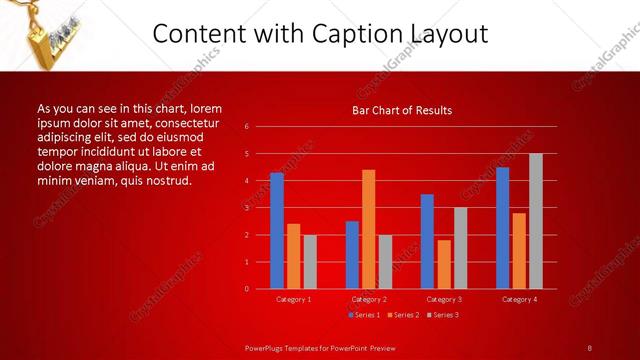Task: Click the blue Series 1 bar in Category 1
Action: coord(276,230)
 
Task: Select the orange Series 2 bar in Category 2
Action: coord(368,229)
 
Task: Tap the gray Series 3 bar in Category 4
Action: coord(536,221)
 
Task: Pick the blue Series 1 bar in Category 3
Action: coord(427,241)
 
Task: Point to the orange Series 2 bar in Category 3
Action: coord(444,264)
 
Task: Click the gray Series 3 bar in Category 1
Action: coord(310,262)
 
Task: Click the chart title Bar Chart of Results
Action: coord(402,110)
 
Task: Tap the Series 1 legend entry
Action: coord(364,315)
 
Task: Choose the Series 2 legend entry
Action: coord(402,315)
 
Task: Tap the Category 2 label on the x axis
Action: coord(368,299)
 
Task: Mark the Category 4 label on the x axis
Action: coord(519,299)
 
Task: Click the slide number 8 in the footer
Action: coord(590,348)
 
